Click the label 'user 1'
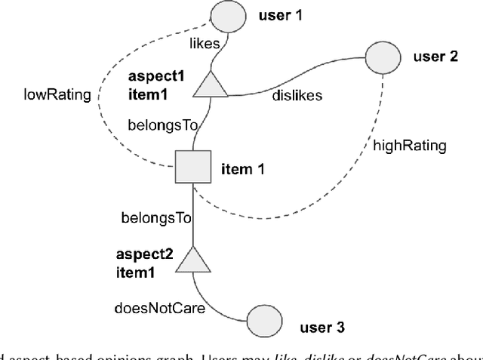[282, 15]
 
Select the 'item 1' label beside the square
[244, 169]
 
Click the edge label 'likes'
[205, 45]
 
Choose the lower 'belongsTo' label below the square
[156, 218]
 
